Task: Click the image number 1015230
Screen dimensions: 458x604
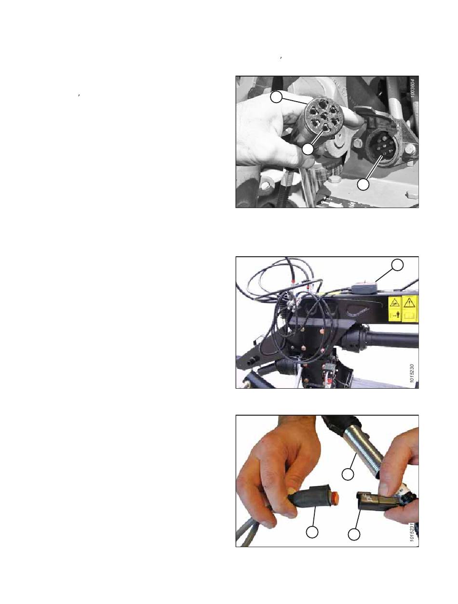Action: (412, 373)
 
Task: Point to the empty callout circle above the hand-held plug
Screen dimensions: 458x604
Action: (276, 97)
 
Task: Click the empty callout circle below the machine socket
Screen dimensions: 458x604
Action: (363, 184)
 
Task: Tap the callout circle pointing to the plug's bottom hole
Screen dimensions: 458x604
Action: (308, 149)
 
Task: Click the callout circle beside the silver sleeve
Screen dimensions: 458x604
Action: (348, 474)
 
